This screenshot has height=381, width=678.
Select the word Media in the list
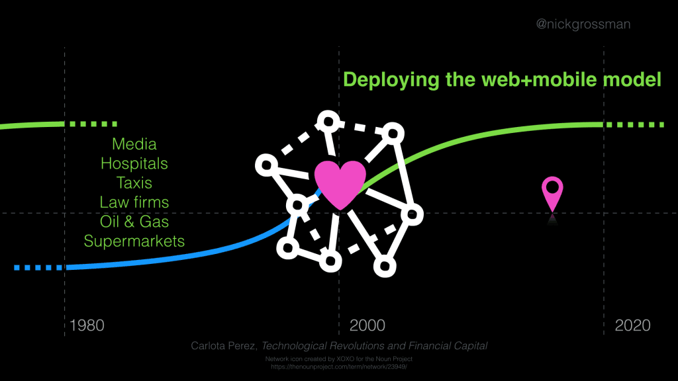134,144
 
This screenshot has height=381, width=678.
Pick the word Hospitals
134,163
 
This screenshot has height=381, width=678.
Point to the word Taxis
134,182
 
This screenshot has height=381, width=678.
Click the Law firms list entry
134,201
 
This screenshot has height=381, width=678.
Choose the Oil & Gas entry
134,221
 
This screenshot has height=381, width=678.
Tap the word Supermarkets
134,240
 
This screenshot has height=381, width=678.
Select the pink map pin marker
552,192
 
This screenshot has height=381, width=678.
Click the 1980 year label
87,325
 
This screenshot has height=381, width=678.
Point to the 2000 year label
367,325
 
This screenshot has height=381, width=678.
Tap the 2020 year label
632,325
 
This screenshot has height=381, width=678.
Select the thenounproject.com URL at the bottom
339,366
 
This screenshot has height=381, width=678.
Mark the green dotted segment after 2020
636,124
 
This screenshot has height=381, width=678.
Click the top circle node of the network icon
328,120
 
